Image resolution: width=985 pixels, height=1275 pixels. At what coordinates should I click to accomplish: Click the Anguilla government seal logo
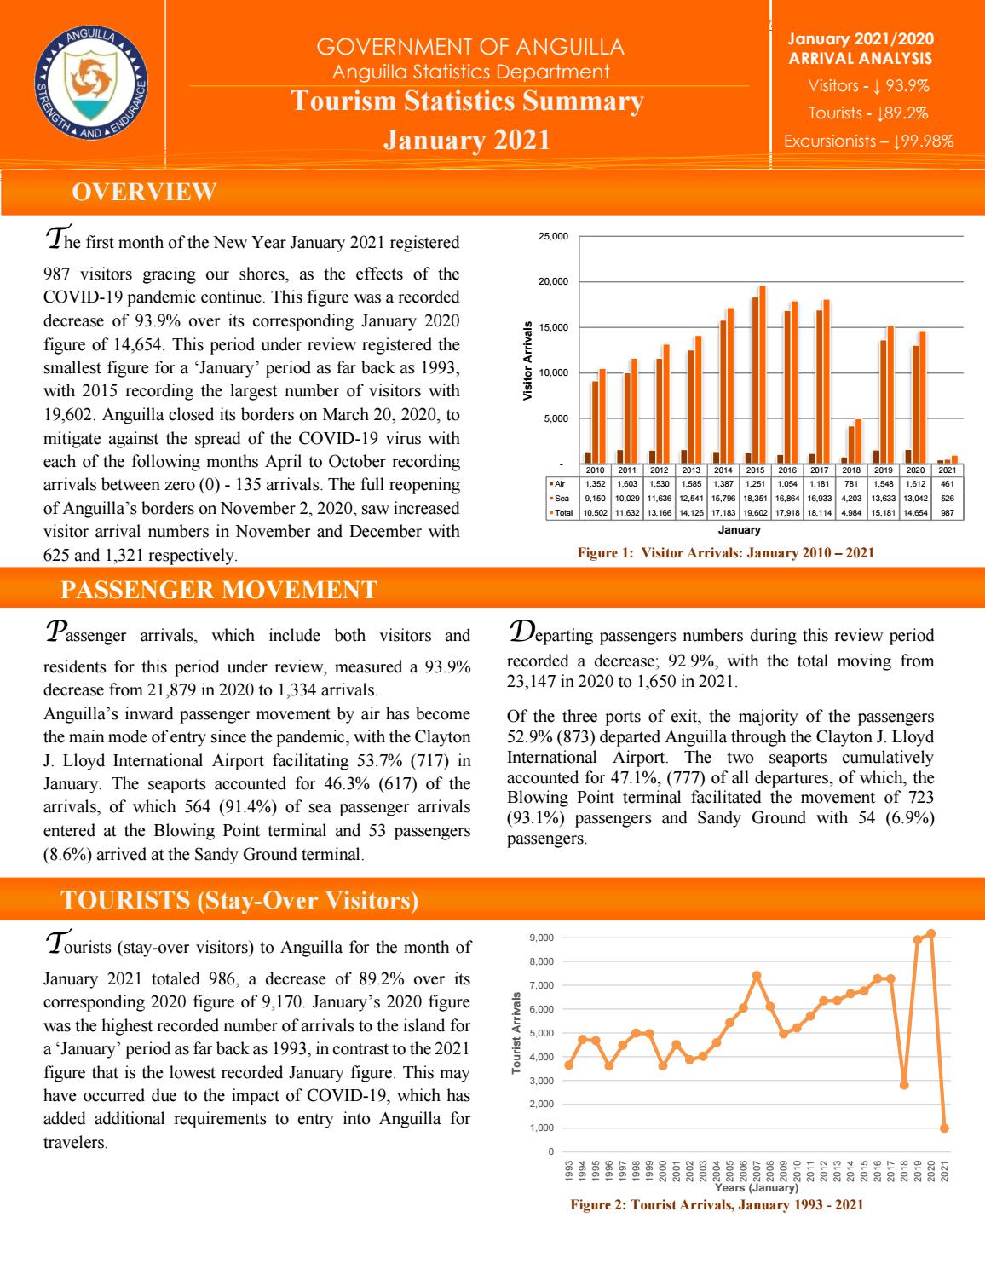click(91, 83)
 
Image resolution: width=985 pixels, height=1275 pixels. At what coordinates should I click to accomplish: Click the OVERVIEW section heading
click(144, 193)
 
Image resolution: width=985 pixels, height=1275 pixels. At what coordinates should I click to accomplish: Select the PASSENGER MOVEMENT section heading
click(219, 589)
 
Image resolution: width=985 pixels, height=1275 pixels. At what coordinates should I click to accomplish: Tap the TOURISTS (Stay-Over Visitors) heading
click(239, 900)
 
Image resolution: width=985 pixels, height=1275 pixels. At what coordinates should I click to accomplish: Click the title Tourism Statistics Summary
click(467, 101)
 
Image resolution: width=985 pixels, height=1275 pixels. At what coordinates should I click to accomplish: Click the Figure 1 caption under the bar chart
click(725, 553)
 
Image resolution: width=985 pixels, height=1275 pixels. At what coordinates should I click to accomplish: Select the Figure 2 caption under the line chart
click(716, 1205)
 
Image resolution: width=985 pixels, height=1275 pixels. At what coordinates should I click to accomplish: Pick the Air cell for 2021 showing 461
click(946, 482)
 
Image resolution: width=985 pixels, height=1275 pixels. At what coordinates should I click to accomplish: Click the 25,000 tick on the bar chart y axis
click(555, 236)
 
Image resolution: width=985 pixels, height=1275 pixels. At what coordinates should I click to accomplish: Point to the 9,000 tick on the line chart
click(542, 938)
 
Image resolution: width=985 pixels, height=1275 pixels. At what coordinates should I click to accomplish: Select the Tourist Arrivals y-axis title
click(516, 1038)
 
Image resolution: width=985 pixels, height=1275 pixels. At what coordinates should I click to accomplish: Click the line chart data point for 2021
click(944, 1128)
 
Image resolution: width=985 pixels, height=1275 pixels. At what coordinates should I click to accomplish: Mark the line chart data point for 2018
click(904, 1085)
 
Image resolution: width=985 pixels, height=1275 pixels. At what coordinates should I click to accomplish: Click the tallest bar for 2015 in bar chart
click(762, 375)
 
